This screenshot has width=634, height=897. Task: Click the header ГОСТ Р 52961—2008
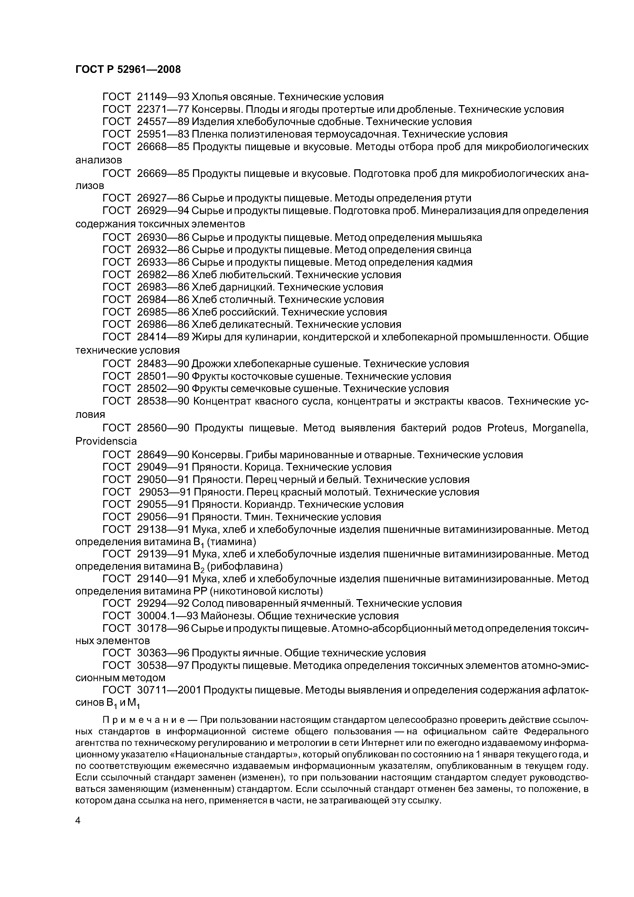coord(128,70)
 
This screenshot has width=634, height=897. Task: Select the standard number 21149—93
coord(163,96)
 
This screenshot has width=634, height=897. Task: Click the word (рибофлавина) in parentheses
coord(245,566)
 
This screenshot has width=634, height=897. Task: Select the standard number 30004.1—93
coord(168,616)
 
